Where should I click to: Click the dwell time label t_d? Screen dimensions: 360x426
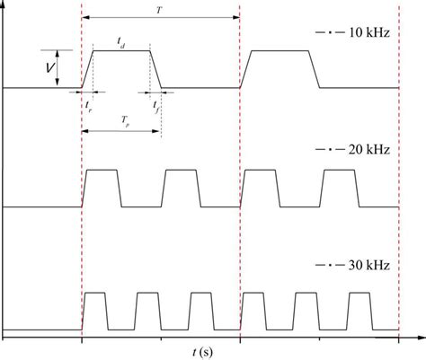pos(120,42)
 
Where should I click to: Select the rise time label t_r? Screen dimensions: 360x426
pos(88,104)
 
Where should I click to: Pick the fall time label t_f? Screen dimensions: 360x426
pos(156,104)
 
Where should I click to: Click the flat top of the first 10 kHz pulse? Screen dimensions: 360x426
pos(121,51)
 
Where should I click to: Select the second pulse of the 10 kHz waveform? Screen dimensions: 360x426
pos(280,68)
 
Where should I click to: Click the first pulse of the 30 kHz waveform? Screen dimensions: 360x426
pos(94,311)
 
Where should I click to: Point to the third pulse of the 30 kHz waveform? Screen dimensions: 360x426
pos(200,311)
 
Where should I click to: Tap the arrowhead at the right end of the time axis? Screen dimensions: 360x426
pos(421,337)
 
